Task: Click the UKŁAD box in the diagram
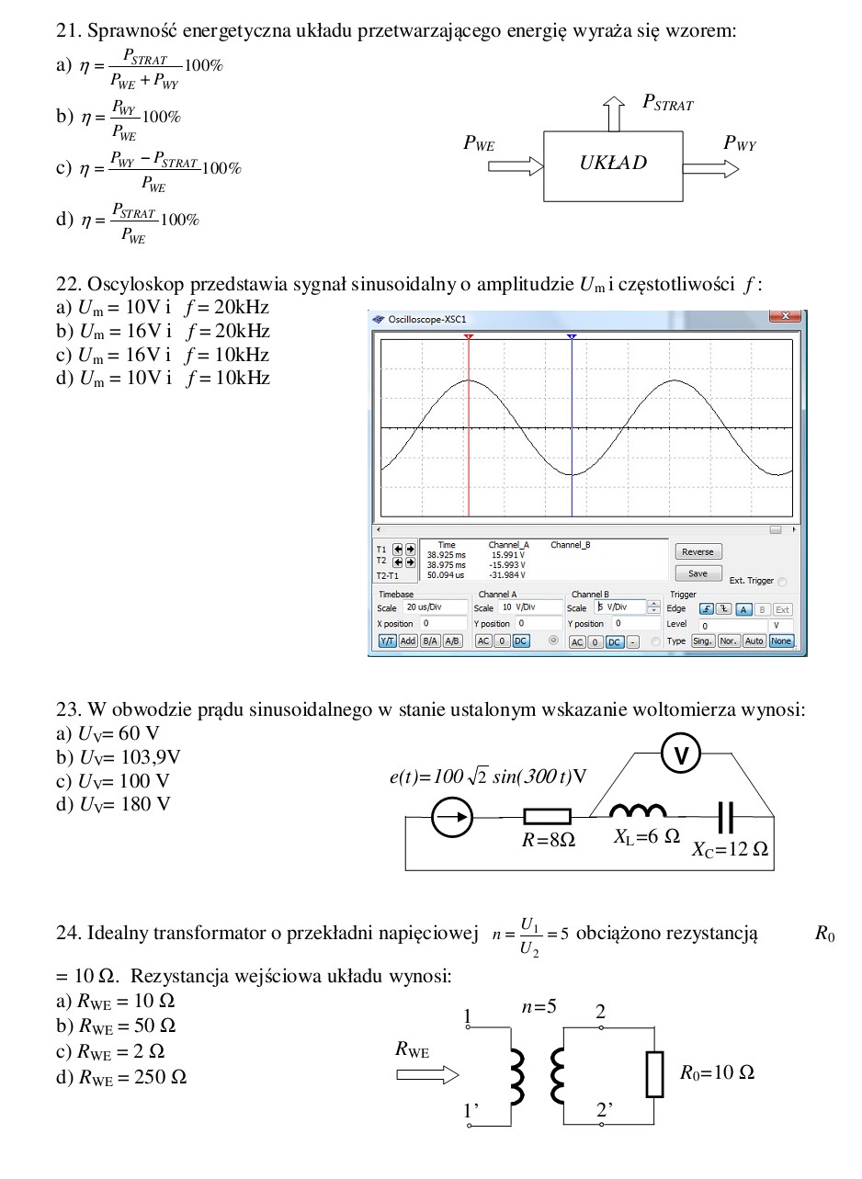click(x=613, y=164)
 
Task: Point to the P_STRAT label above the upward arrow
click(x=667, y=104)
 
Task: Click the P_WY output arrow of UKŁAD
click(x=710, y=168)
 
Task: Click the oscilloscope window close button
click(x=784, y=317)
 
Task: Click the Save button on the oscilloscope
click(x=698, y=572)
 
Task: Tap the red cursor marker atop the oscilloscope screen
click(x=469, y=337)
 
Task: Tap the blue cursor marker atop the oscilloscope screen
click(x=572, y=337)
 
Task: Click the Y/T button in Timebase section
click(x=387, y=641)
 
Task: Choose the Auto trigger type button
click(x=754, y=641)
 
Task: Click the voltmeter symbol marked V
click(x=681, y=755)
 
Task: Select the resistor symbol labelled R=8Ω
click(x=547, y=816)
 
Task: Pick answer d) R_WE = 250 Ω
click(x=121, y=1076)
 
